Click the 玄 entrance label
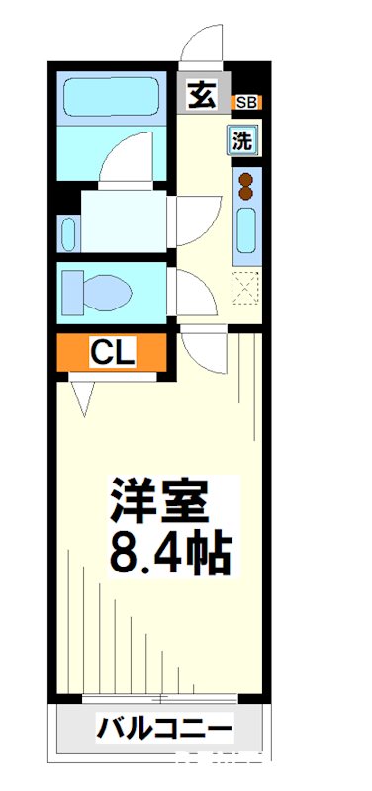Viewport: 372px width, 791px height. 201,95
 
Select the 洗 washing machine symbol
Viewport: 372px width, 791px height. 243,140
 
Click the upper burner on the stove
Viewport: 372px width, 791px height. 244,179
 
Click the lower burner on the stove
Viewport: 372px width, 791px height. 244,194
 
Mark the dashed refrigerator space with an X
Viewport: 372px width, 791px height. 244,288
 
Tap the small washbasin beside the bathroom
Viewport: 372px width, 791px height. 68,233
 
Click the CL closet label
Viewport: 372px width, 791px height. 112,352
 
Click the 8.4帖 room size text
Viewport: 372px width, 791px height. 170,554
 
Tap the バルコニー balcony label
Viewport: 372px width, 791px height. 164,732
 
